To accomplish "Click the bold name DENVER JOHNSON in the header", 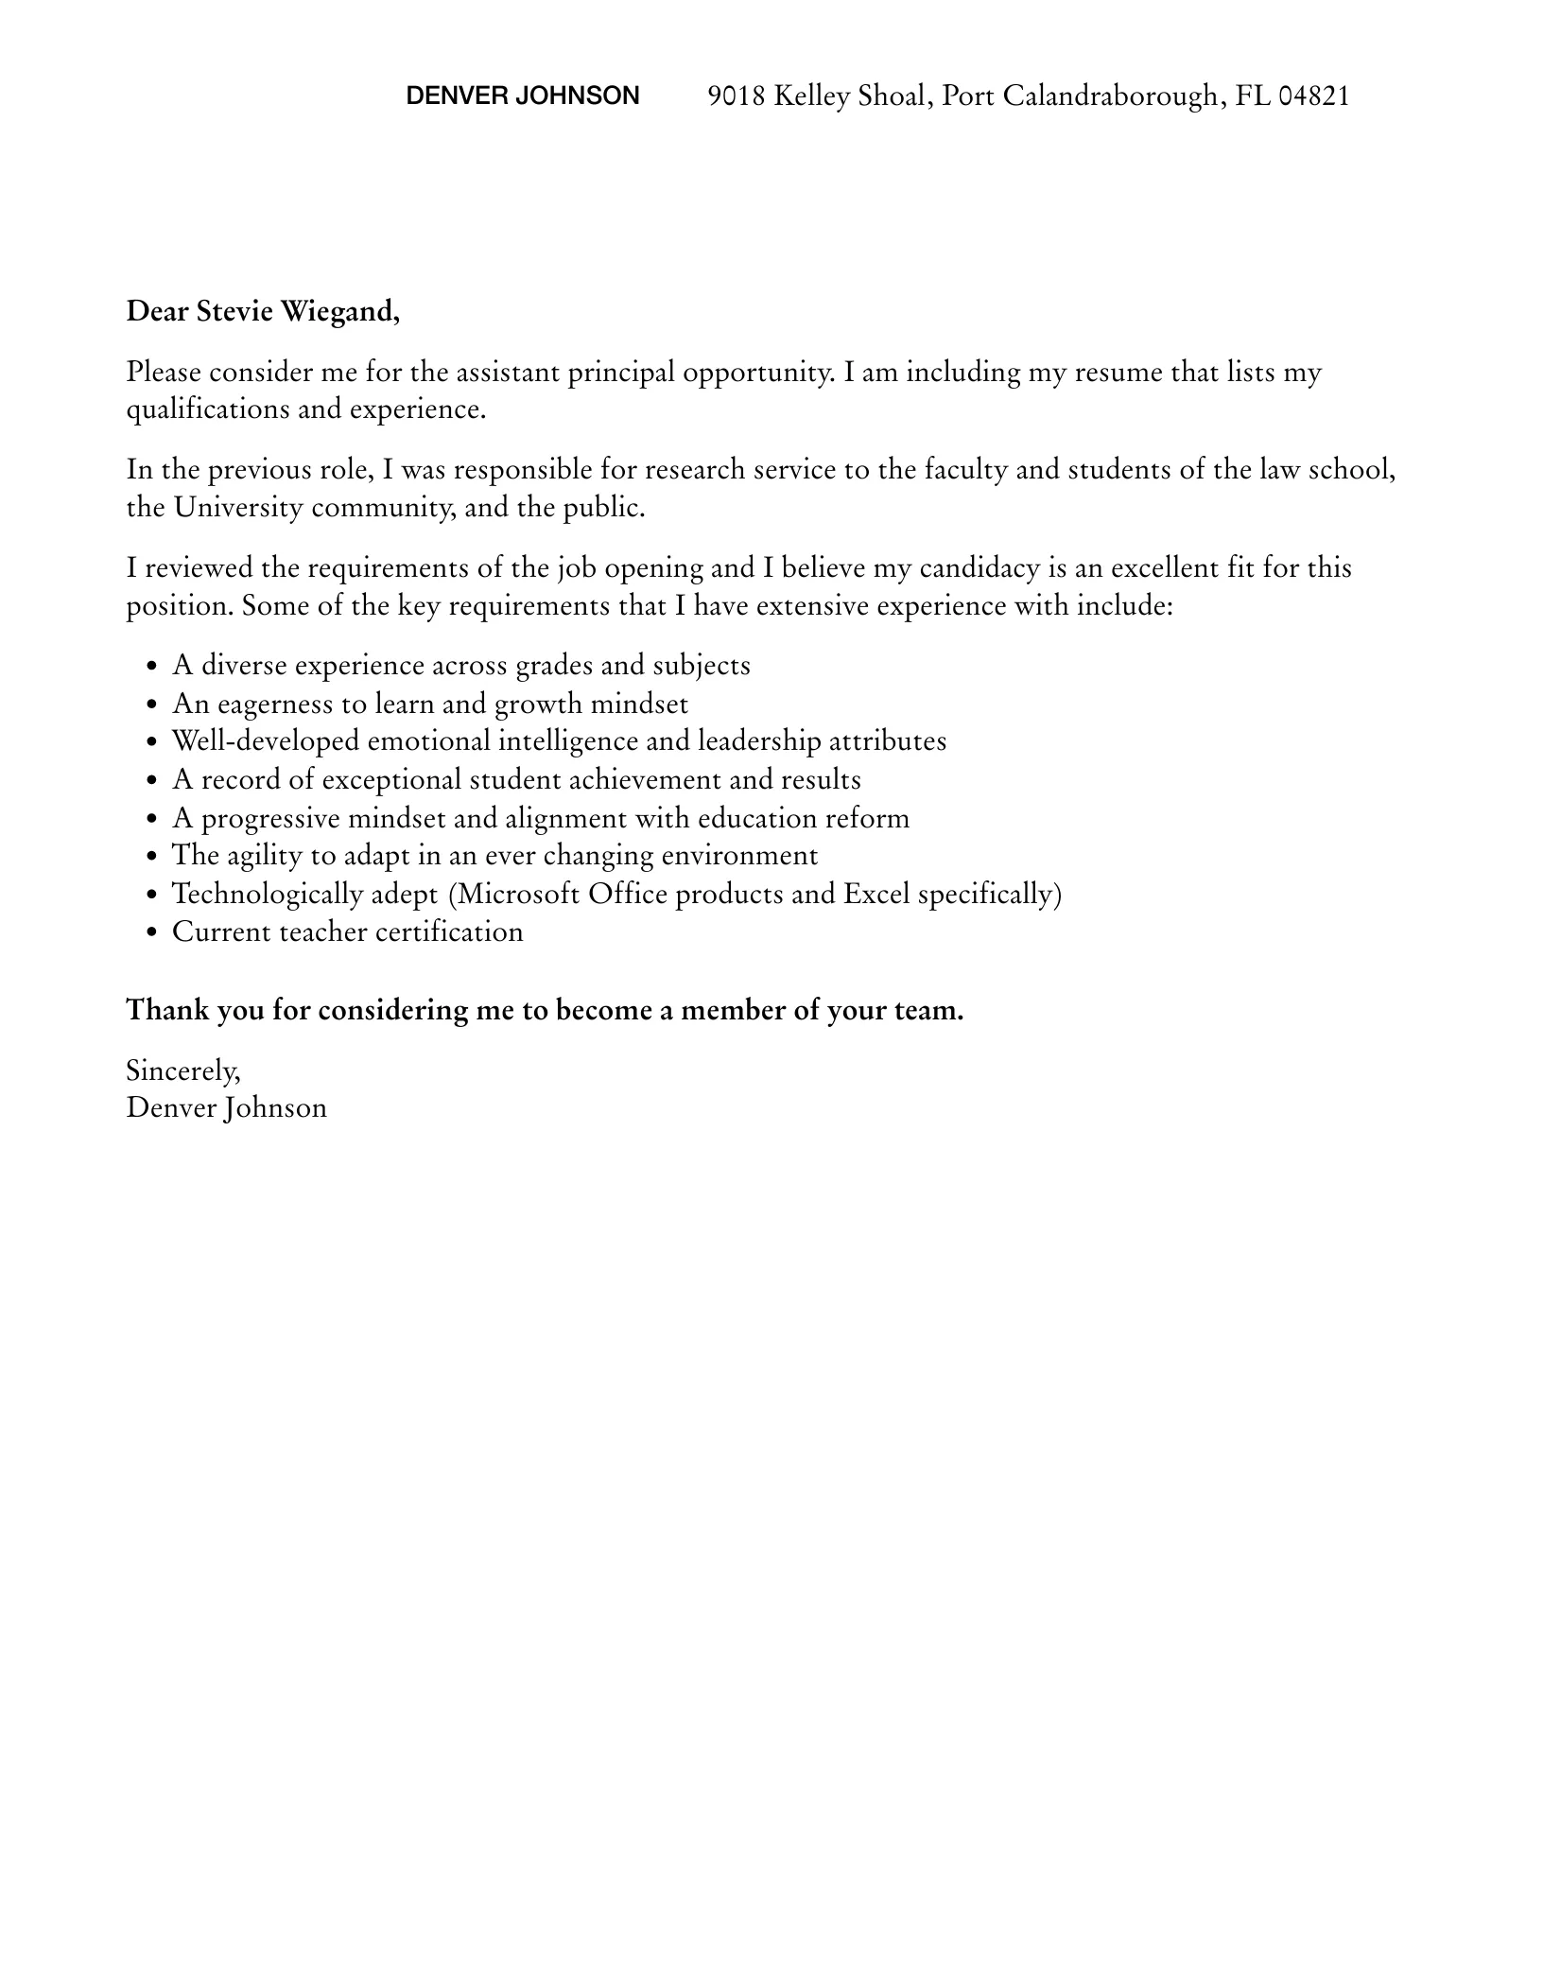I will coord(522,96).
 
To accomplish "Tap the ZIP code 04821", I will coord(1313,96).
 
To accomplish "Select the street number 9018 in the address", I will coord(737,96).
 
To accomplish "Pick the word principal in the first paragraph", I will coord(621,373).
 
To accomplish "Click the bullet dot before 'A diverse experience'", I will coord(152,668).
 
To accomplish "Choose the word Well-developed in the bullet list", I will coord(266,741).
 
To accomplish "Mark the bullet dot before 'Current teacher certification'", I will coord(152,933).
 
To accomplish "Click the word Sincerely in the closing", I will coord(182,1070).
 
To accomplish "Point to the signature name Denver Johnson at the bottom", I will coord(227,1108).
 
